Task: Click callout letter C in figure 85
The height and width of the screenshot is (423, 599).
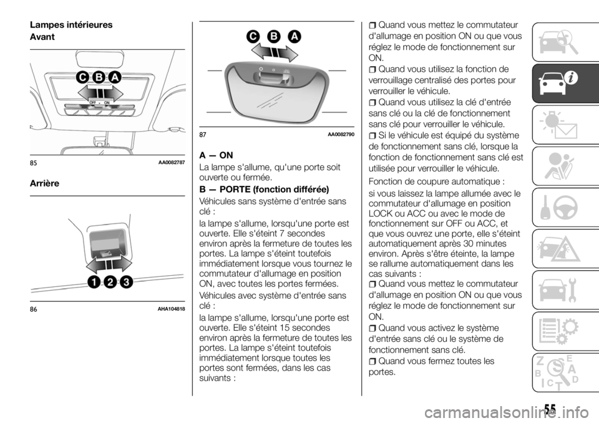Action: (x=82, y=77)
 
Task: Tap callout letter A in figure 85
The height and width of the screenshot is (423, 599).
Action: (x=114, y=77)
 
